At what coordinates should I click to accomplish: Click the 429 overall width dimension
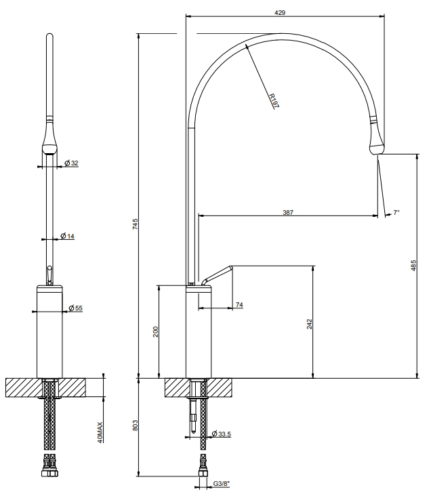click(x=280, y=13)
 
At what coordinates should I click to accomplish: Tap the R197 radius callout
click(x=274, y=100)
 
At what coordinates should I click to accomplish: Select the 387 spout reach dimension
click(x=287, y=212)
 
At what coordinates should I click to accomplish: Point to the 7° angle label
click(x=396, y=212)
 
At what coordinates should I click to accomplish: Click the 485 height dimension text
click(x=413, y=265)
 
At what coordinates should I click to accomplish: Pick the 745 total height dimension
click(x=135, y=224)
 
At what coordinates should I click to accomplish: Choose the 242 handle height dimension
click(x=310, y=324)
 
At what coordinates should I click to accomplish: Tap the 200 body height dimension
click(x=156, y=332)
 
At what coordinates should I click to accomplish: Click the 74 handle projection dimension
click(x=239, y=305)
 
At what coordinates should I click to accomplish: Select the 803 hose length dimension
click(x=135, y=426)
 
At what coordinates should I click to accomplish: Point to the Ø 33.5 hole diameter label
click(x=222, y=434)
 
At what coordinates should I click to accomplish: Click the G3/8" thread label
click(x=222, y=483)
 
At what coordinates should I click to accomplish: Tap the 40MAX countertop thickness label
click(x=100, y=432)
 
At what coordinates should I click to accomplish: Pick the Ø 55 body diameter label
click(x=76, y=308)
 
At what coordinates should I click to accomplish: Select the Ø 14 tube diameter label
click(x=67, y=236)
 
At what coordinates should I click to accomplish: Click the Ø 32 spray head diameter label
click(x=71, y=163)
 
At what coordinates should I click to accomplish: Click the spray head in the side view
click(x=377, y=139)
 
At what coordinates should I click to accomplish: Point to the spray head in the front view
click(x=49, y=139)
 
